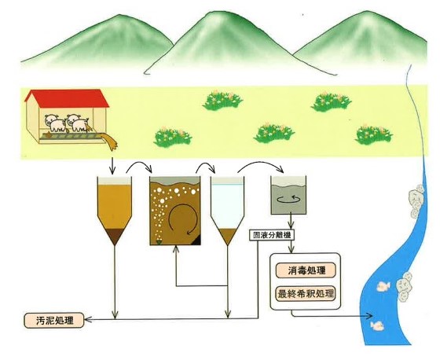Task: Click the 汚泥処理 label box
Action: (54, 321)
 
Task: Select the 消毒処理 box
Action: (306, 270)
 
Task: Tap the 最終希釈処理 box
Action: (306, 294)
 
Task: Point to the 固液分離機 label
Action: (272, 236)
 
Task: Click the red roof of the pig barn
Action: (67, 99)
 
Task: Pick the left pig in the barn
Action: (55, 123)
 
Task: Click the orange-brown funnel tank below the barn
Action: (115, 211)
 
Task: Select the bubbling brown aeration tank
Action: (175, 211)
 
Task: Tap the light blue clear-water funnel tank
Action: (228, 211)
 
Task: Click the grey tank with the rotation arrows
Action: (288, 196)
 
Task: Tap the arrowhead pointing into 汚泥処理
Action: (88, 319)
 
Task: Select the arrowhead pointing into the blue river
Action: (369, 316)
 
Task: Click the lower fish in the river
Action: (377, 325)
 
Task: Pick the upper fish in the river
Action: (383, 286)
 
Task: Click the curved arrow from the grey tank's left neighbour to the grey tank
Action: (261, 164)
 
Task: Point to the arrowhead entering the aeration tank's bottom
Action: (176, 248)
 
